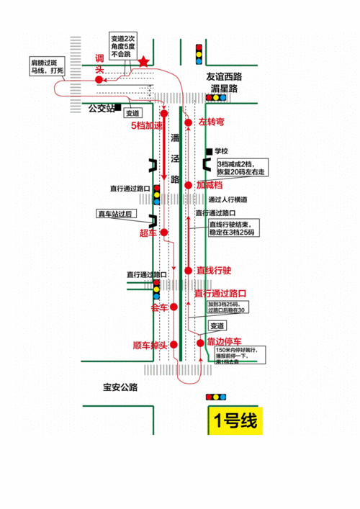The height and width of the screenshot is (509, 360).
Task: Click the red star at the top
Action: [x=143, y=62]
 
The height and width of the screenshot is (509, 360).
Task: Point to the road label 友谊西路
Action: [x=225, y=75]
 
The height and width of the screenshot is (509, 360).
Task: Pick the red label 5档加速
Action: [x=146, y=125]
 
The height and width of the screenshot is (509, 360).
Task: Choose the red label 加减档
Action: [x=210, y=184]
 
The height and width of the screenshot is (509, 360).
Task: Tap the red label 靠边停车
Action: [x=224, y=341]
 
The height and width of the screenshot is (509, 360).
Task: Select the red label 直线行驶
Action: [x=214, y=270]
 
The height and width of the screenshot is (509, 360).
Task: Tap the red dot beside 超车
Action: [x=164, y=232]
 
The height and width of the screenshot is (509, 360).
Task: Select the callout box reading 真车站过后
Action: [x=115, y=214]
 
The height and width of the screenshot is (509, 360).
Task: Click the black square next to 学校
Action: [x=208, y=151]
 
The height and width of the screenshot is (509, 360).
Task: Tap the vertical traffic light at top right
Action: [x=199, y=54]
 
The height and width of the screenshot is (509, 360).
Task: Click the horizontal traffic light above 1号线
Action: [x=216, y=397]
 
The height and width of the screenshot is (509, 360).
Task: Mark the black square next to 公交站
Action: [x=115, y=108]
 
